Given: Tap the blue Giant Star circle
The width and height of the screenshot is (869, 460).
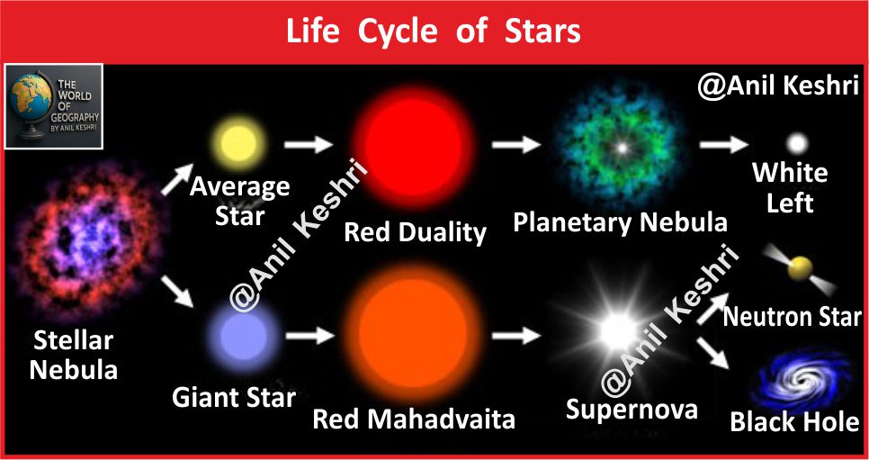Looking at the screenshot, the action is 243,337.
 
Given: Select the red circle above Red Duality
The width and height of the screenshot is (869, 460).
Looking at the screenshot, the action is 412,147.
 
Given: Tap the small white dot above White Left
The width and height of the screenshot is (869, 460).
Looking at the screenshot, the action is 797,144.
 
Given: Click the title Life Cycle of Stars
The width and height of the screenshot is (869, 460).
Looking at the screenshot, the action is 434,32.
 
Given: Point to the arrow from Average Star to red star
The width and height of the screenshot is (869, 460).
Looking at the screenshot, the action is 309,145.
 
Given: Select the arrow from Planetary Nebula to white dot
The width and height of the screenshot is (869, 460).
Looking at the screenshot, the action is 723,144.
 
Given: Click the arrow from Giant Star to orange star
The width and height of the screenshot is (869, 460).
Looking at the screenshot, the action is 310,335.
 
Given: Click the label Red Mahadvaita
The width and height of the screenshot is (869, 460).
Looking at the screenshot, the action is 414,420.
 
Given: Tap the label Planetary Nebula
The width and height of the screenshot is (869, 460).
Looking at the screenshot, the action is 620,222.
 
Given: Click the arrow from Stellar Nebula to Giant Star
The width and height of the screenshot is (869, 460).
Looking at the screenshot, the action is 177,292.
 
